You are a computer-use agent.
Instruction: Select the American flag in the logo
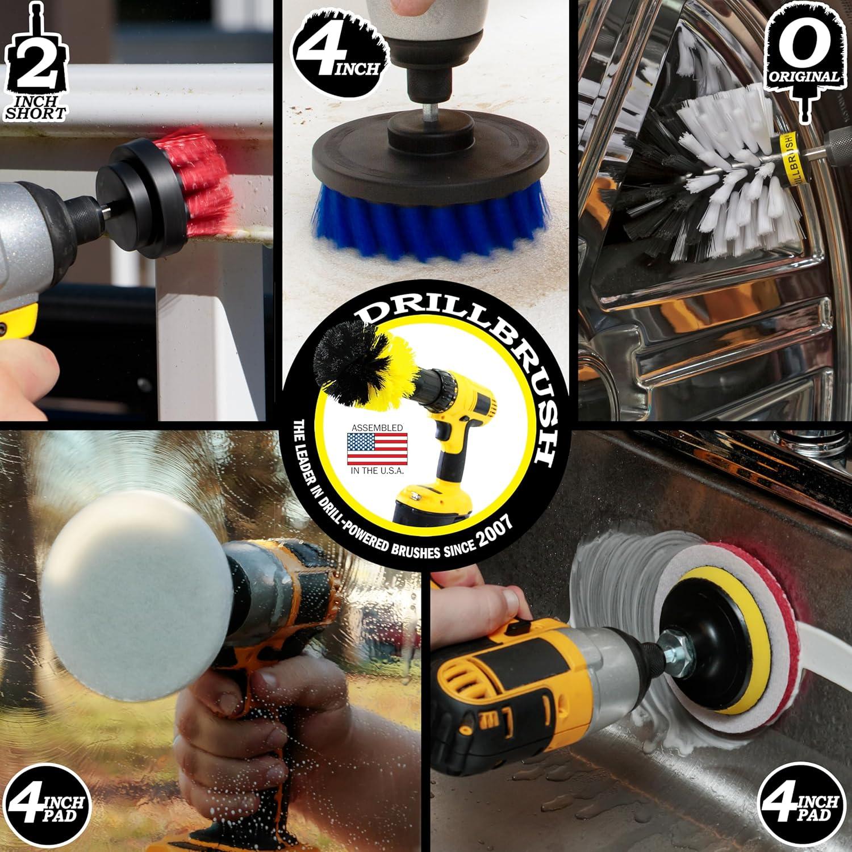point(377,449)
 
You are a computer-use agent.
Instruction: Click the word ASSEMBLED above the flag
point(377,427)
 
